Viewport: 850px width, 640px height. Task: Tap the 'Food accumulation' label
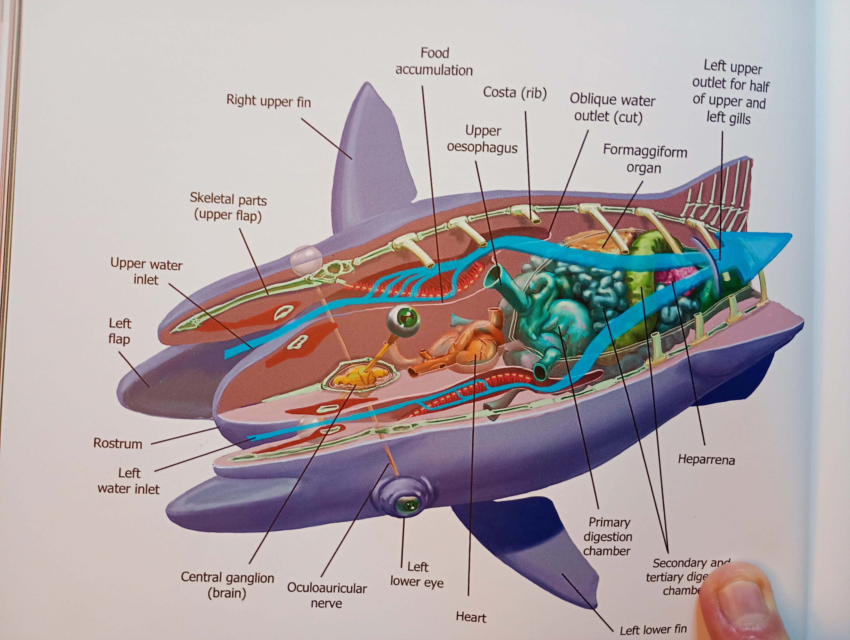pyautogui.click(x=434, y=61)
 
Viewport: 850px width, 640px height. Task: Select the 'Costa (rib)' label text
pyautogui.click(x=515, y=92)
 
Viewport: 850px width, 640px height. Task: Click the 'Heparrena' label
pyautogui.click(x=706, y=459)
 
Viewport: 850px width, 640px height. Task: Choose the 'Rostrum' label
pyautogui.click(x=117, y=443)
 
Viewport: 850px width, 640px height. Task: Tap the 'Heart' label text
pyautogui.click(x=471, y=617)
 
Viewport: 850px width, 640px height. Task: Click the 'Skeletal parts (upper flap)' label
pyautogui.click(x=228, y=207)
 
